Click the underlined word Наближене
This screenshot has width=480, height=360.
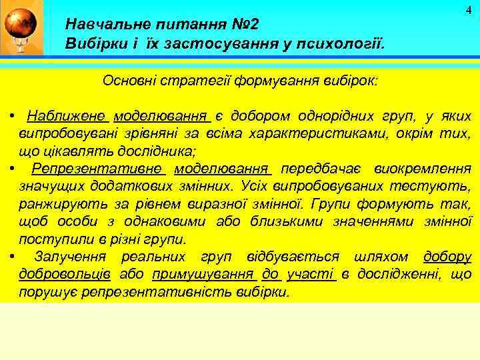pos(67,116)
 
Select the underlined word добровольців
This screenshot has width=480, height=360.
pos(65,274)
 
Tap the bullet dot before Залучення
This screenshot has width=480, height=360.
pos(13,255)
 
